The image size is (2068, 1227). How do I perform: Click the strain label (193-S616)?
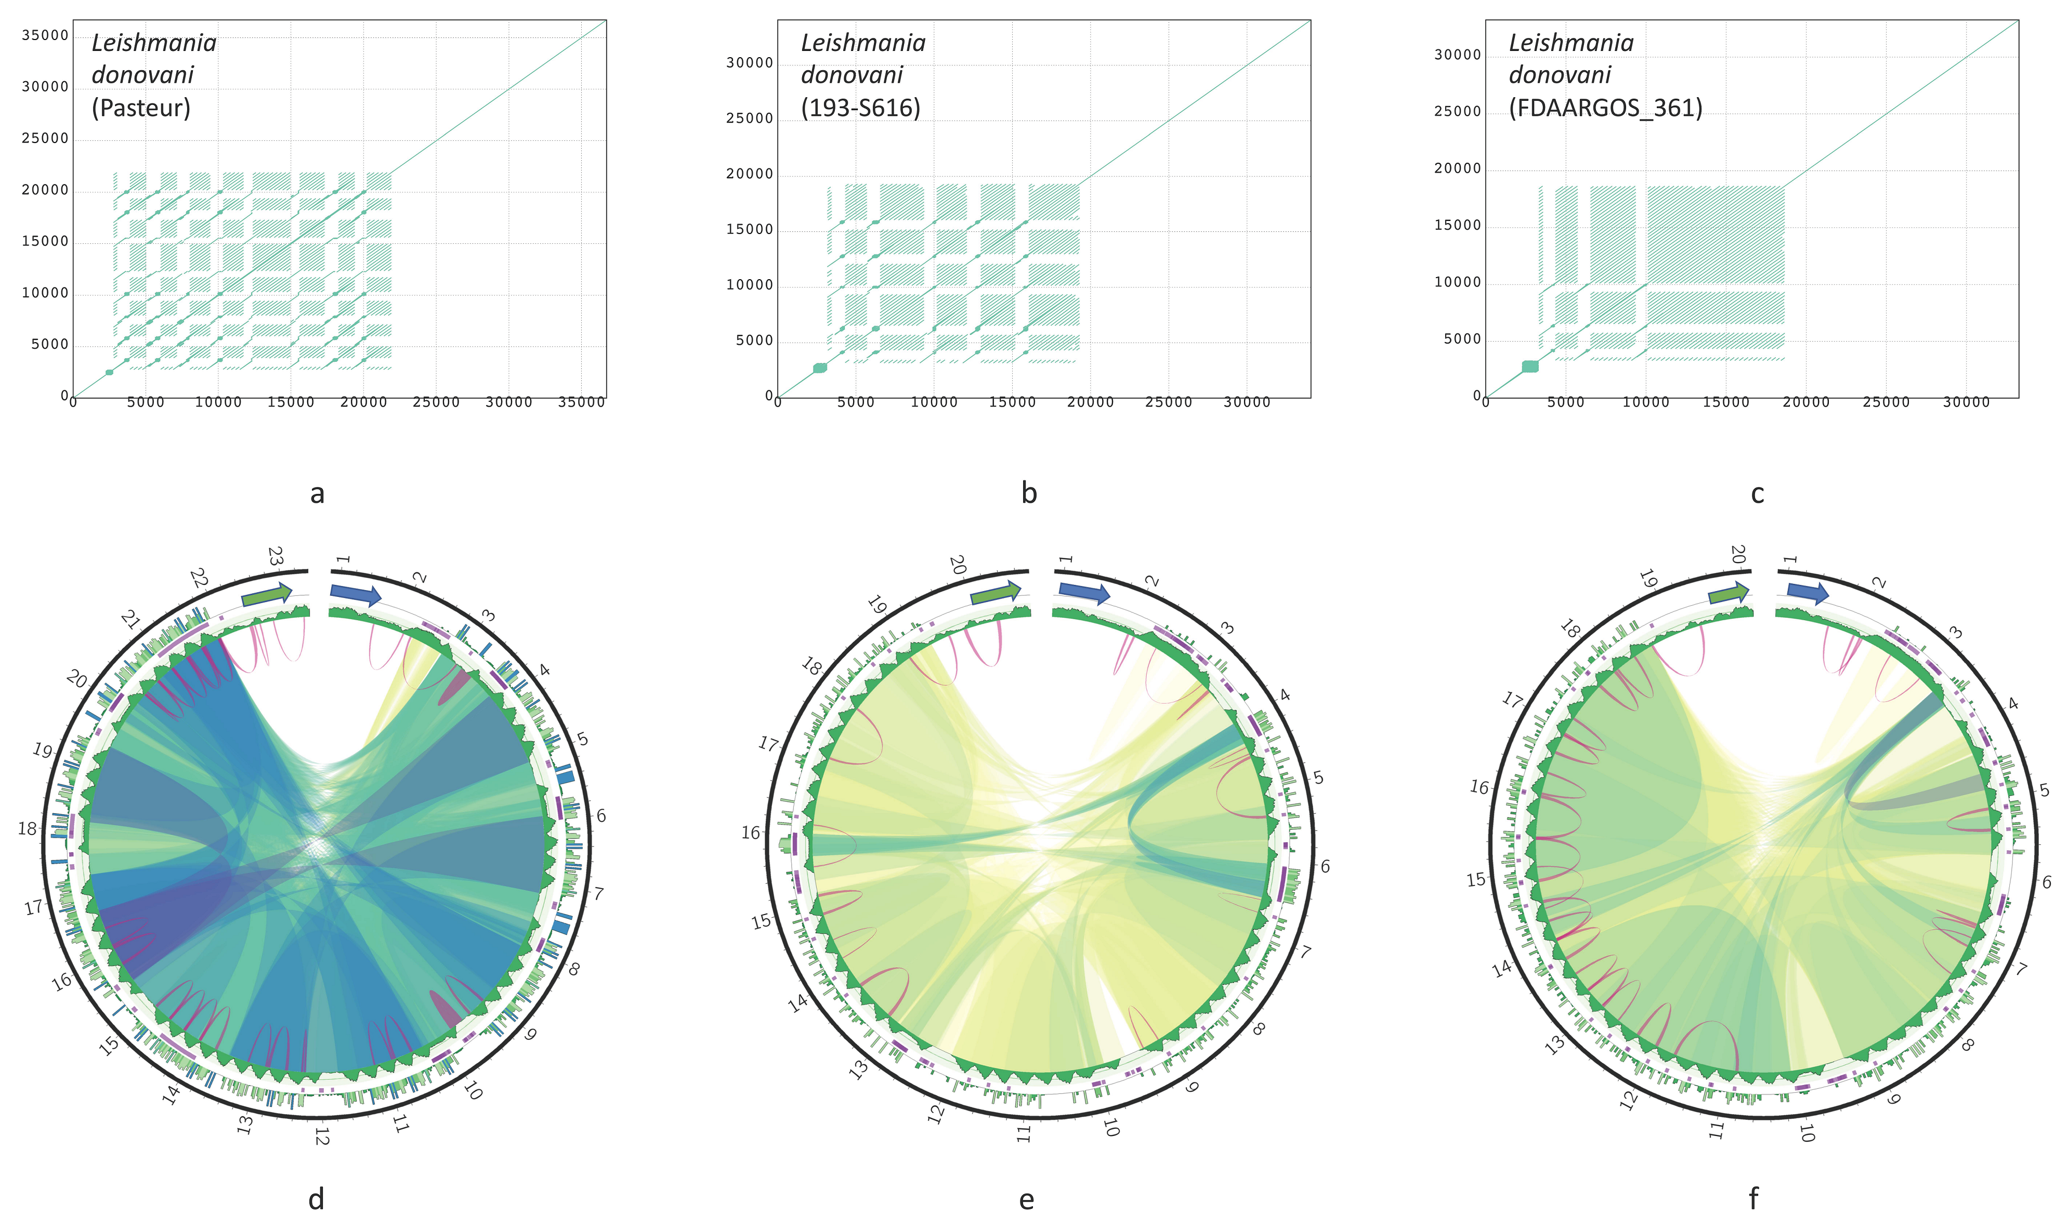860,108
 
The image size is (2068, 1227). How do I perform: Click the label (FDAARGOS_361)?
1605,108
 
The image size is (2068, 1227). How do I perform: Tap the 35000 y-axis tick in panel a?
45,35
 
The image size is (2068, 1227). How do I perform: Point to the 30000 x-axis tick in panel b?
1247,402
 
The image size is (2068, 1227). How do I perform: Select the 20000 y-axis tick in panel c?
1457,168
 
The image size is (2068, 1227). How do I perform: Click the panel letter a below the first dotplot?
317,493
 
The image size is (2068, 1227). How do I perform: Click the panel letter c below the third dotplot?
1757,493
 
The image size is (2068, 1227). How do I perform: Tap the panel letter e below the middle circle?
1027,1199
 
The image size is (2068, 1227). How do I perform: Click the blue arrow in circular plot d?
356,594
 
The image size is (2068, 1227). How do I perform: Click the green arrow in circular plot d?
266,594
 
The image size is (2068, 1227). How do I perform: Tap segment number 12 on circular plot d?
321,1137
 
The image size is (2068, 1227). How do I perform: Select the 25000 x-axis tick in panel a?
436,402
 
